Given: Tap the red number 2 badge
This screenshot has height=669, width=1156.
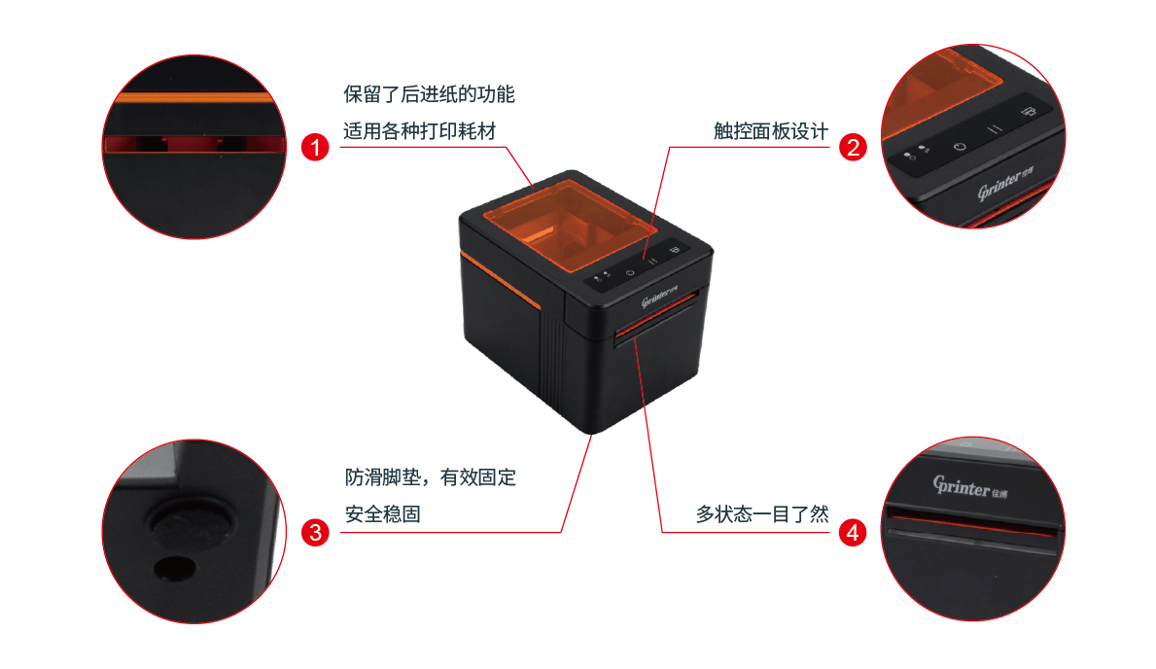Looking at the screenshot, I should [853, 148].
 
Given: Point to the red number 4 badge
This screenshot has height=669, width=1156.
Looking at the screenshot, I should [853, 532].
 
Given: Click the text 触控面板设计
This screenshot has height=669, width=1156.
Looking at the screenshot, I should [769, 131].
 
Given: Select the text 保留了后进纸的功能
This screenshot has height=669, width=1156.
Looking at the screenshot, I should [429, 94].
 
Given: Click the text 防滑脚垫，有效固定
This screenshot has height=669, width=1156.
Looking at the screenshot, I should [431, 477].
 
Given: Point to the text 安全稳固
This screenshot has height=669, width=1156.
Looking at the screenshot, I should [383, 514].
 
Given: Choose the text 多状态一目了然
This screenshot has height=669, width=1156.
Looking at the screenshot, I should [761, 514].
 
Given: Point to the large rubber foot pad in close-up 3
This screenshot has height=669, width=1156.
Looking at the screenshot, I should [193, 525].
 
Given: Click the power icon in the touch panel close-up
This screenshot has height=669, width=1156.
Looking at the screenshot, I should [960, 146].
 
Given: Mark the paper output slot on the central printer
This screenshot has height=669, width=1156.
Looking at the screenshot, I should [655, 329].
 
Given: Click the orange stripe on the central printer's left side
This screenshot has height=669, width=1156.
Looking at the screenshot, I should [503, 277].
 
